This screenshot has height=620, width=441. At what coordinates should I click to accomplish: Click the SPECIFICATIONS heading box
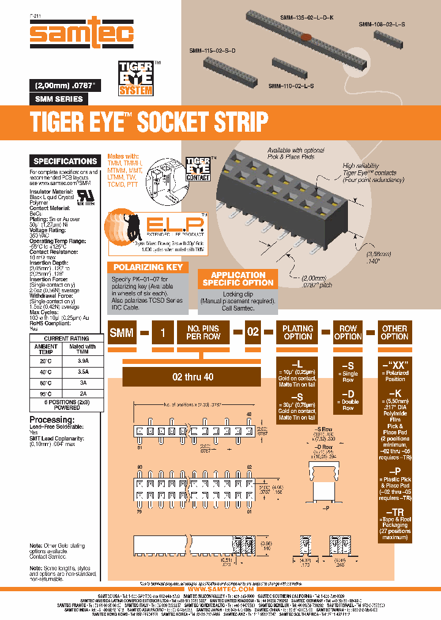65,161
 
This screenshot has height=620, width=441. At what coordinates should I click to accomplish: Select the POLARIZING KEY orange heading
149,267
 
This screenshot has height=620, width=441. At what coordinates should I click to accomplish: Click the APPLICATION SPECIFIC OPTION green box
238,279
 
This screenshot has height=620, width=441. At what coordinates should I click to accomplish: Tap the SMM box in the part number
123,333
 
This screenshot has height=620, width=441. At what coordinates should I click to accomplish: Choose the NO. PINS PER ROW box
203,333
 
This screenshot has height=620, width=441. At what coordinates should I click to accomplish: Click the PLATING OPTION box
298,333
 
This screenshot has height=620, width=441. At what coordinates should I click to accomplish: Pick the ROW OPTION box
348,333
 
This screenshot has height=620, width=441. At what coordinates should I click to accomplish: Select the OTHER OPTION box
394,333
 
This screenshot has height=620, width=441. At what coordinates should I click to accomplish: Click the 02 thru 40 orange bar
193,377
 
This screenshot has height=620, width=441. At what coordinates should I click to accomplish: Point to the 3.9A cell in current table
83,361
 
